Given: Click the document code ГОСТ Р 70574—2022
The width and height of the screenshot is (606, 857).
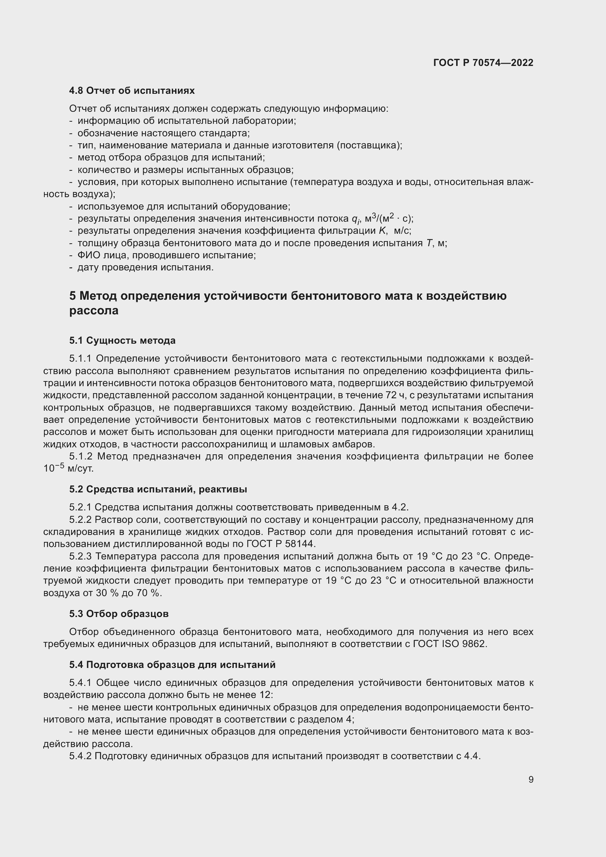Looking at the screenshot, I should coord(483,63).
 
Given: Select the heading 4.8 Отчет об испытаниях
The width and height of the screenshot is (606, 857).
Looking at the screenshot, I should coord(132,91).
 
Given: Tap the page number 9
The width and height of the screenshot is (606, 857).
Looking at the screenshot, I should coord(531,779).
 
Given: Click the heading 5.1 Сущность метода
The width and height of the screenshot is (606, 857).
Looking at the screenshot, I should coord(122,340).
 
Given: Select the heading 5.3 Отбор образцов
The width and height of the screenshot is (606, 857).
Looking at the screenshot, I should coord(119,614).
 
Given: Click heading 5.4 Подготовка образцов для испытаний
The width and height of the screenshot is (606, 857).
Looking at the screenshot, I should coord(172,665).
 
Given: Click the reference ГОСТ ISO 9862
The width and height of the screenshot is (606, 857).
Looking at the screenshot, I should coord(449,644).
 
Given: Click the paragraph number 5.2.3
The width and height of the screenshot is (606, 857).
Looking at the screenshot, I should coord(80,556).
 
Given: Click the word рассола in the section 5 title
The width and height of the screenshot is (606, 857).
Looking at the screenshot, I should coord(94,311).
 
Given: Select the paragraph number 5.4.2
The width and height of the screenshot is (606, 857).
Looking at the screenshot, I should coord(80,756).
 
